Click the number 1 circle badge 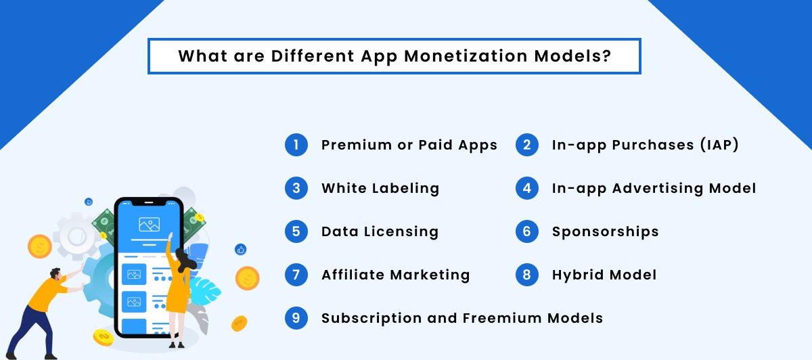tap(296, 145)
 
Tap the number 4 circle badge tap(527, 188)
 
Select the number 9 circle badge tap(296, 318)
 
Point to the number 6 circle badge tap(527, 231)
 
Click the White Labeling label tap(380, 188)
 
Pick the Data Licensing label tap(380, 231)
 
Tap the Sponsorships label tap(605, 231)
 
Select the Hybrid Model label tap(604, 275)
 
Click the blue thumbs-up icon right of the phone tap(240, 250)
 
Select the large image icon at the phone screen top tap(149, 224)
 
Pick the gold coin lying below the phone tap(103, 336)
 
